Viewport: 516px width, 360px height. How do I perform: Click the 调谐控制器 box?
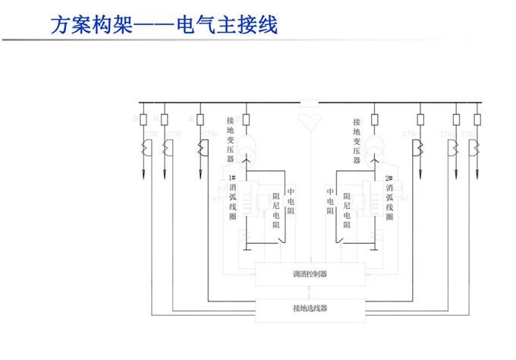(x=310, y=274)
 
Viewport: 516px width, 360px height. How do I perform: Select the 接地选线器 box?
(x=310, y=308)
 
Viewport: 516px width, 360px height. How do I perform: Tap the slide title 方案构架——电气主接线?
(x=164, y=25)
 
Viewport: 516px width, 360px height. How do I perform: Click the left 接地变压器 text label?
(x=230, y=140)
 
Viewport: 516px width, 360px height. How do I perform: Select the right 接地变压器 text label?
(x=357, y=140)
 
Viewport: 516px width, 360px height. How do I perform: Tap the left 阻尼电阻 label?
(x=276, y=210)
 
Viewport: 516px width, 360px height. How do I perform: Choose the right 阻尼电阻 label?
(x=346, y=210)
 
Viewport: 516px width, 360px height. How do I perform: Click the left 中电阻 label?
(x=291, y=201)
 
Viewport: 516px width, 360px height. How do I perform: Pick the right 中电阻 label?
(x=331, y=201)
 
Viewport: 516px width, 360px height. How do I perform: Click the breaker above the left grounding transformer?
(x=247, y=119)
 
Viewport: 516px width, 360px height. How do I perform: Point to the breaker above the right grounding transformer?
(x=374, y=119)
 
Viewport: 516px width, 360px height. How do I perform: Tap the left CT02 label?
(x=175, y=134)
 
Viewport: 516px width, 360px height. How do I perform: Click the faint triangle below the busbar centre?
(x=310, y=121)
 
